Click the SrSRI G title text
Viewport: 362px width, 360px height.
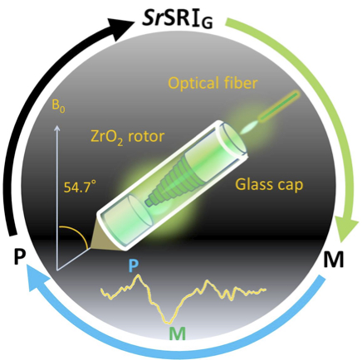click(178, 20)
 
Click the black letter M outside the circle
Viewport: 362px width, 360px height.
click(333, 259)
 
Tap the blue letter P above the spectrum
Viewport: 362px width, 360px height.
click(134, 265)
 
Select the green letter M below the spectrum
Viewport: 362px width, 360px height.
click(177, 333)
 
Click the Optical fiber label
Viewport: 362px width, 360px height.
click(213, 83)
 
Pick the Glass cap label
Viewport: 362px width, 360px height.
click(269, 185)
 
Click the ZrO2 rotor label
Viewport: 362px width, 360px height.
click(128, 137)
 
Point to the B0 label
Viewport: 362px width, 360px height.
click(58, 107)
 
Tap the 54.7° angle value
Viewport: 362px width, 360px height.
click(80, 187)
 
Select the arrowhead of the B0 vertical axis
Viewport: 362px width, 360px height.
click(56, 129)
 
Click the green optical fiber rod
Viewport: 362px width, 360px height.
click(279, 106)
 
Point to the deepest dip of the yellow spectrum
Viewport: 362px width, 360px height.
click(168, 323)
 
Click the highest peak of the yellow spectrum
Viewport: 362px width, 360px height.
click(138, 275)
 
